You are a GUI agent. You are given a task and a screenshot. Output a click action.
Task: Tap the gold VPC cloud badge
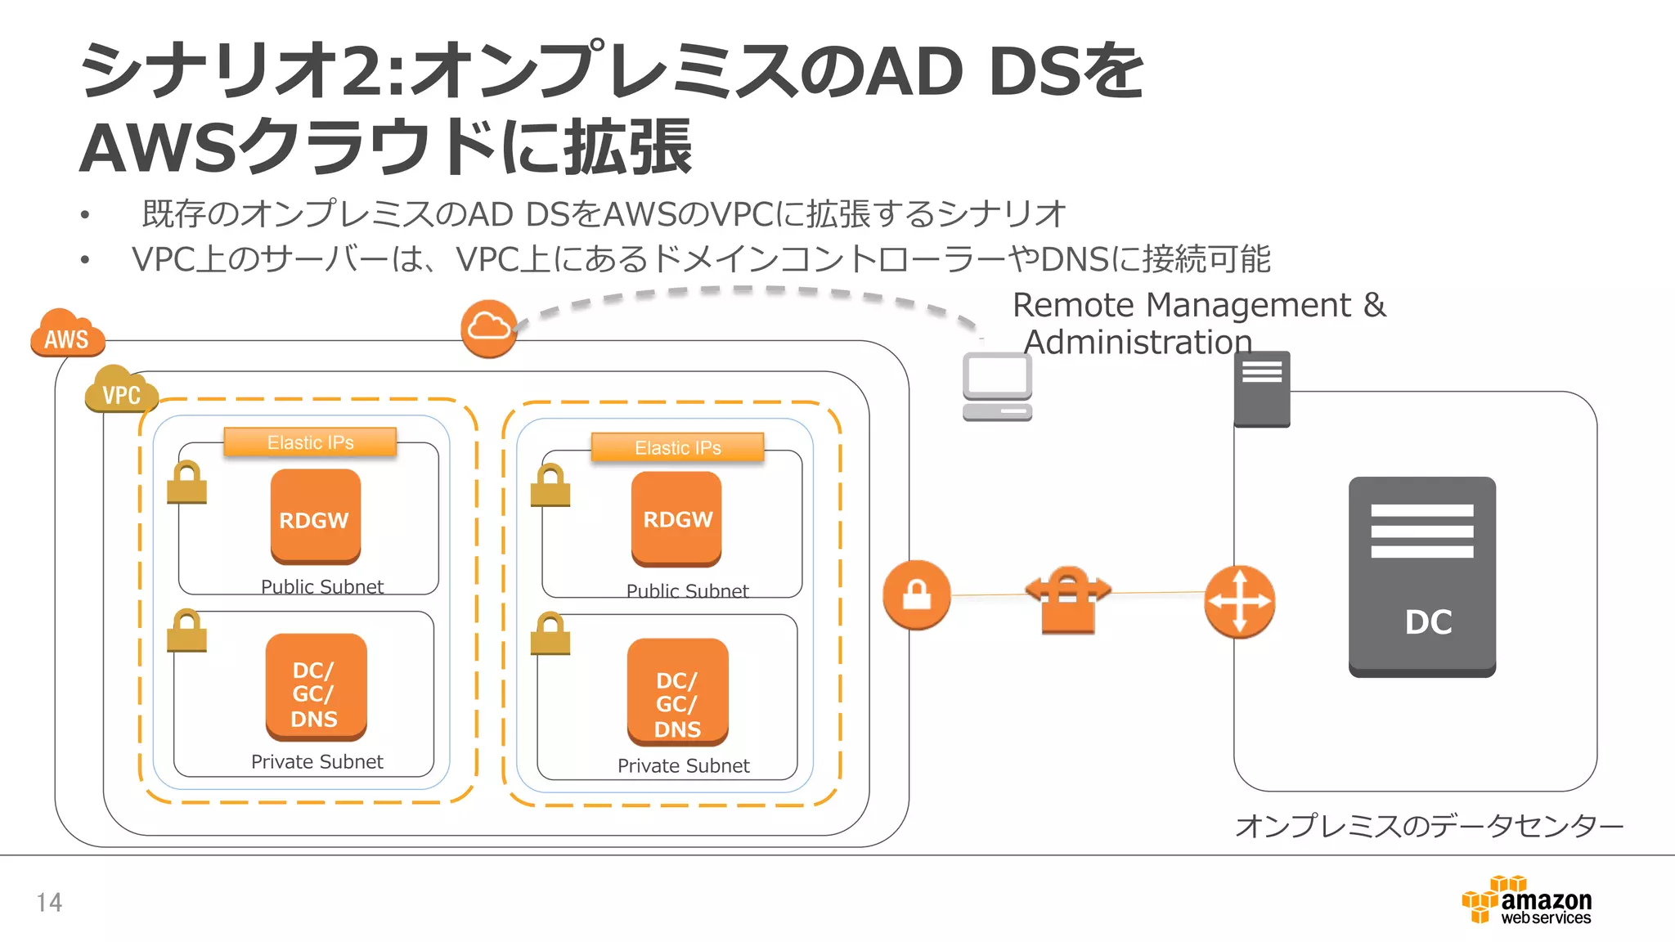point(120,391)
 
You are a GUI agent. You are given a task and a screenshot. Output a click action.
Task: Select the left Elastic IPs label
point(310,442)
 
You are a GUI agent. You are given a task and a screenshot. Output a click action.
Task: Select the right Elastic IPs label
point(677,448)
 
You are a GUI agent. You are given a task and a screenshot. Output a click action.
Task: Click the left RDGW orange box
point(315,517)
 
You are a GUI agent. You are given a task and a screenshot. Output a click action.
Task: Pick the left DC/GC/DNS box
point(316,688)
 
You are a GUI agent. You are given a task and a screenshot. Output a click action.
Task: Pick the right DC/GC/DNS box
point(677,693)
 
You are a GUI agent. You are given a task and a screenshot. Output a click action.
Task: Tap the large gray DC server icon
point(1421,577)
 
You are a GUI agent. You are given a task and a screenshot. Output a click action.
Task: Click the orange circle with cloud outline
point(489,328)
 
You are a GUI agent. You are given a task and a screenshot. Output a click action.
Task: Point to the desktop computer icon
point(997,387)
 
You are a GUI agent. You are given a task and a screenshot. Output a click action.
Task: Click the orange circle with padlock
point(916,594)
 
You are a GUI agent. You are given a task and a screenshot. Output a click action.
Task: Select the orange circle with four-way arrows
point(1239,601)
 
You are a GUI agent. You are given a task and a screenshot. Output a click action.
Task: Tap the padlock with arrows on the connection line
point(1067,599)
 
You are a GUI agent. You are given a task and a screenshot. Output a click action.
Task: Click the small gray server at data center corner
point(1261,389)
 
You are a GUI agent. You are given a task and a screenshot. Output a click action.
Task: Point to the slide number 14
point(49,902)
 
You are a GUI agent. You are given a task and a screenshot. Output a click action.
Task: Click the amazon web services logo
point(1527,900)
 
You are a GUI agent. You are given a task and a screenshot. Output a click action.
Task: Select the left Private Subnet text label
point(317,761)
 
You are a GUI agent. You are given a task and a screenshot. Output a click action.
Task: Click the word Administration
point(1138,342)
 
